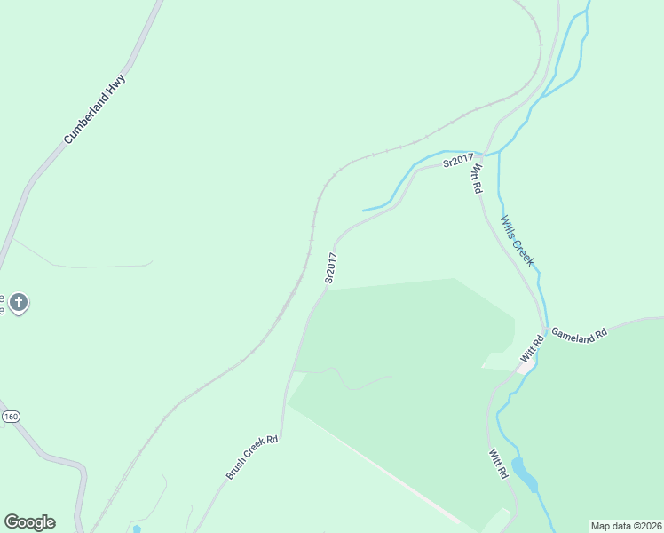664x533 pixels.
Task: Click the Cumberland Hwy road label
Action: (x=95, y=110)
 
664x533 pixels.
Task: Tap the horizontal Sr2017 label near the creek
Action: (x=458, y=160)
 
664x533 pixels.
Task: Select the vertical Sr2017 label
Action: (x=331, y=268)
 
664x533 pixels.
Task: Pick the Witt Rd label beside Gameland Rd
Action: (x=531, y=348)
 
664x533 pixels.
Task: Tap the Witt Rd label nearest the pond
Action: (x=498, y=465)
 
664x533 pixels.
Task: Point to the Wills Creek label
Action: (x=518, y=241)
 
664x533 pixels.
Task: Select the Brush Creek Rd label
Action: (x=252, y=457)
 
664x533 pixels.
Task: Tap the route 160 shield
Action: (x=10, y=416)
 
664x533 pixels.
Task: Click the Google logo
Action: (x=29, y=522)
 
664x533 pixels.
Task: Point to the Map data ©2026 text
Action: (x=626, y=526)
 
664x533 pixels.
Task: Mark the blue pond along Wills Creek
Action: (x=525, y=475)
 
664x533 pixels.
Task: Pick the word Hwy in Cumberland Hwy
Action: (x=119, y=84)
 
